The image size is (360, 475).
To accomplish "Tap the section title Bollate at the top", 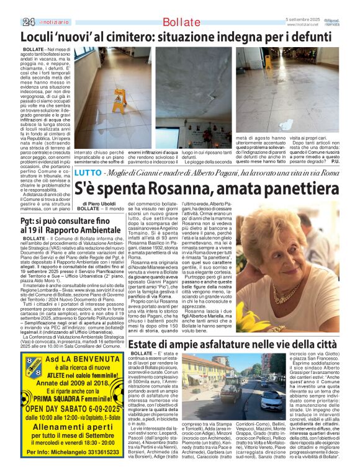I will (x=181, y=23).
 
